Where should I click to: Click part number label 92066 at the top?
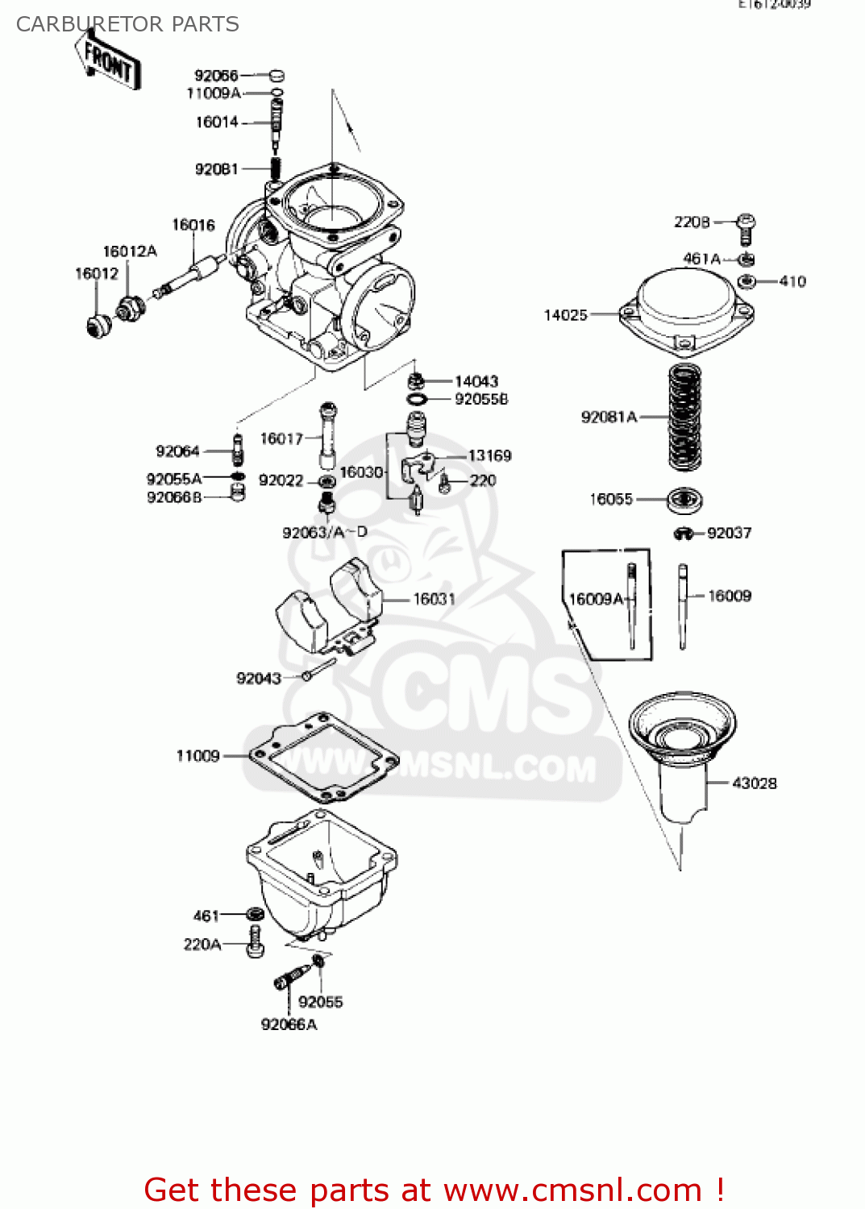[216, 76]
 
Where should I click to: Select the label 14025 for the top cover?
[565, 315]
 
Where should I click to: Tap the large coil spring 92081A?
[684, 417]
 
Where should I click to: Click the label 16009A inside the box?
[595, 599]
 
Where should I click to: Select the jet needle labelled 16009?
[683, 604]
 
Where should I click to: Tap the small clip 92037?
[684, 534]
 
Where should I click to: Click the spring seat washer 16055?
[684, 500]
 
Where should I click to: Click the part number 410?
[792, 281]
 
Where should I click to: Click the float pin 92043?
[319, 669]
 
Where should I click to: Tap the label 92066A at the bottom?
[289, 1024]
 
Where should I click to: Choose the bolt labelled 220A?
[256, 942]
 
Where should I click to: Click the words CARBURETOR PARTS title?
[127, 24]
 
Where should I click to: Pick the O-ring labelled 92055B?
[416, 399]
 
